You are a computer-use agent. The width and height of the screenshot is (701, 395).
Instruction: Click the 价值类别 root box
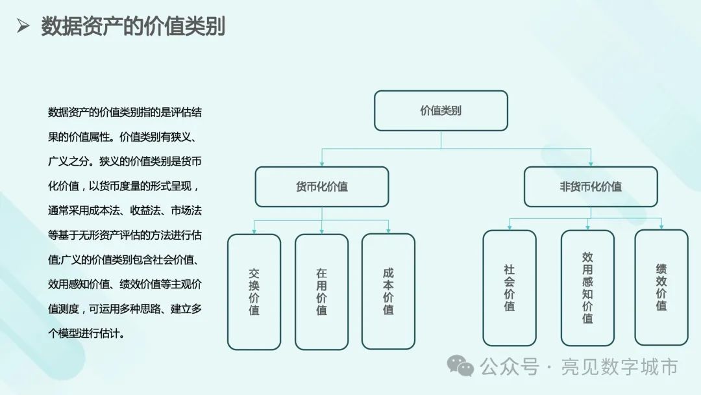tap(441, 110)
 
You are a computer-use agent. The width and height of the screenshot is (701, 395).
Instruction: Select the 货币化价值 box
tap(321, 186)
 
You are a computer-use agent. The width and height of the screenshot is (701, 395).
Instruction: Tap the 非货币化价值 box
tap(591, 186)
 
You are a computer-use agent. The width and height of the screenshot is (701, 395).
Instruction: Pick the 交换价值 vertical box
tap(254, 292)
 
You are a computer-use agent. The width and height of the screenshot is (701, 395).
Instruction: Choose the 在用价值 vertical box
tap(321, 292)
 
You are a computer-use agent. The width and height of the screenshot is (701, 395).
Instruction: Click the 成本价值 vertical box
tap(388, 292)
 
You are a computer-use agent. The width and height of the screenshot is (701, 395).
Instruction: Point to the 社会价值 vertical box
tap(510, 287)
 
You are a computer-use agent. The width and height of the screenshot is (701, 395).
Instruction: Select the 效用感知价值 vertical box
tap(587, 287)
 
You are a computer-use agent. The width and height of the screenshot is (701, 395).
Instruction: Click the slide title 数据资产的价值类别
tap(133, 27)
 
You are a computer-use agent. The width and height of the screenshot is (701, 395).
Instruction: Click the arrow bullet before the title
tap(23, 27)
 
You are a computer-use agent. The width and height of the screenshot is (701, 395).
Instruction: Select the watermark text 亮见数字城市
tap(621, 367)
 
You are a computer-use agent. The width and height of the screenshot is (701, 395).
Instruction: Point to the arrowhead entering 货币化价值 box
tap(321, 164)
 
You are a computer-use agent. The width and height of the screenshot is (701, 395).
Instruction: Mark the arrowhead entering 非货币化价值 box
tap(591, 164)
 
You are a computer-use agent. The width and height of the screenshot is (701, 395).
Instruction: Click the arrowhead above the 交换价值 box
tap(254, 231)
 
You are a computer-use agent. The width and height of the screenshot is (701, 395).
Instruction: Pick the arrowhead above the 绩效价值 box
tap(661, 227)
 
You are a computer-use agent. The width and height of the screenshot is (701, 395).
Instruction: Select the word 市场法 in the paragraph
tap(190, 210)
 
